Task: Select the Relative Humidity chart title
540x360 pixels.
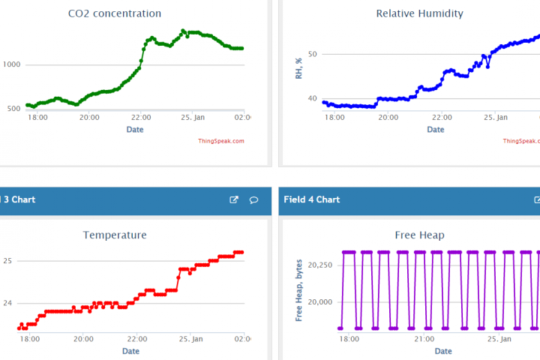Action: [x=419, y=13]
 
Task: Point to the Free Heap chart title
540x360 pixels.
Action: [x=419, y=235]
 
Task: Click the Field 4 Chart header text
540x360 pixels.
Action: [x=312, y=199]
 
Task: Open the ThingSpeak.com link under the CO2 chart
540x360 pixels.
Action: [x=221, y=141]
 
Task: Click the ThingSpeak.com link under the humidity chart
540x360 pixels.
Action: [x=521, y=141]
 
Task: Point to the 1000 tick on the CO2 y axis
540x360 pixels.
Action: [x=11, y=64]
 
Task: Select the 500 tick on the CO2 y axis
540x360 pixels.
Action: [x=14, y=109]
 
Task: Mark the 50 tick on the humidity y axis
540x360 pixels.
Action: [x=312, y=54]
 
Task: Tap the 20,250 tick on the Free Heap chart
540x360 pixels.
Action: [x=321, y=265]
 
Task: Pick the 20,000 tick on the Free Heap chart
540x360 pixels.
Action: [x=321, y=301]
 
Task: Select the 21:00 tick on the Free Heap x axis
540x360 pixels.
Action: [x=424, y=339]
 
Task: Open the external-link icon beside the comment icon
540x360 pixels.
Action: [x=234, y=199]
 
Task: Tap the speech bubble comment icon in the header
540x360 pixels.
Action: [x=254, y=199]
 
